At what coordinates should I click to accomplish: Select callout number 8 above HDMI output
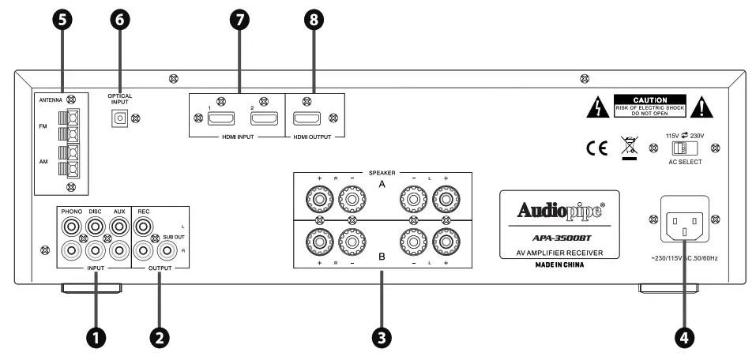click(315, 21)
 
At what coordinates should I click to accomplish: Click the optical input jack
click(120, 118)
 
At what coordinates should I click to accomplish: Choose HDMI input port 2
click(262, 119)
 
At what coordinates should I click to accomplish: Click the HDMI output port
click(305, 119)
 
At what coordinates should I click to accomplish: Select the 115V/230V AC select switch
click(682, 148)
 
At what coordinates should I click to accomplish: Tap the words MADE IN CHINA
click(558, 265)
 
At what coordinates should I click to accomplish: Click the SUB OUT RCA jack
click(167, 251)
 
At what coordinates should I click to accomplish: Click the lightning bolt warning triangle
click(598, 107)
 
